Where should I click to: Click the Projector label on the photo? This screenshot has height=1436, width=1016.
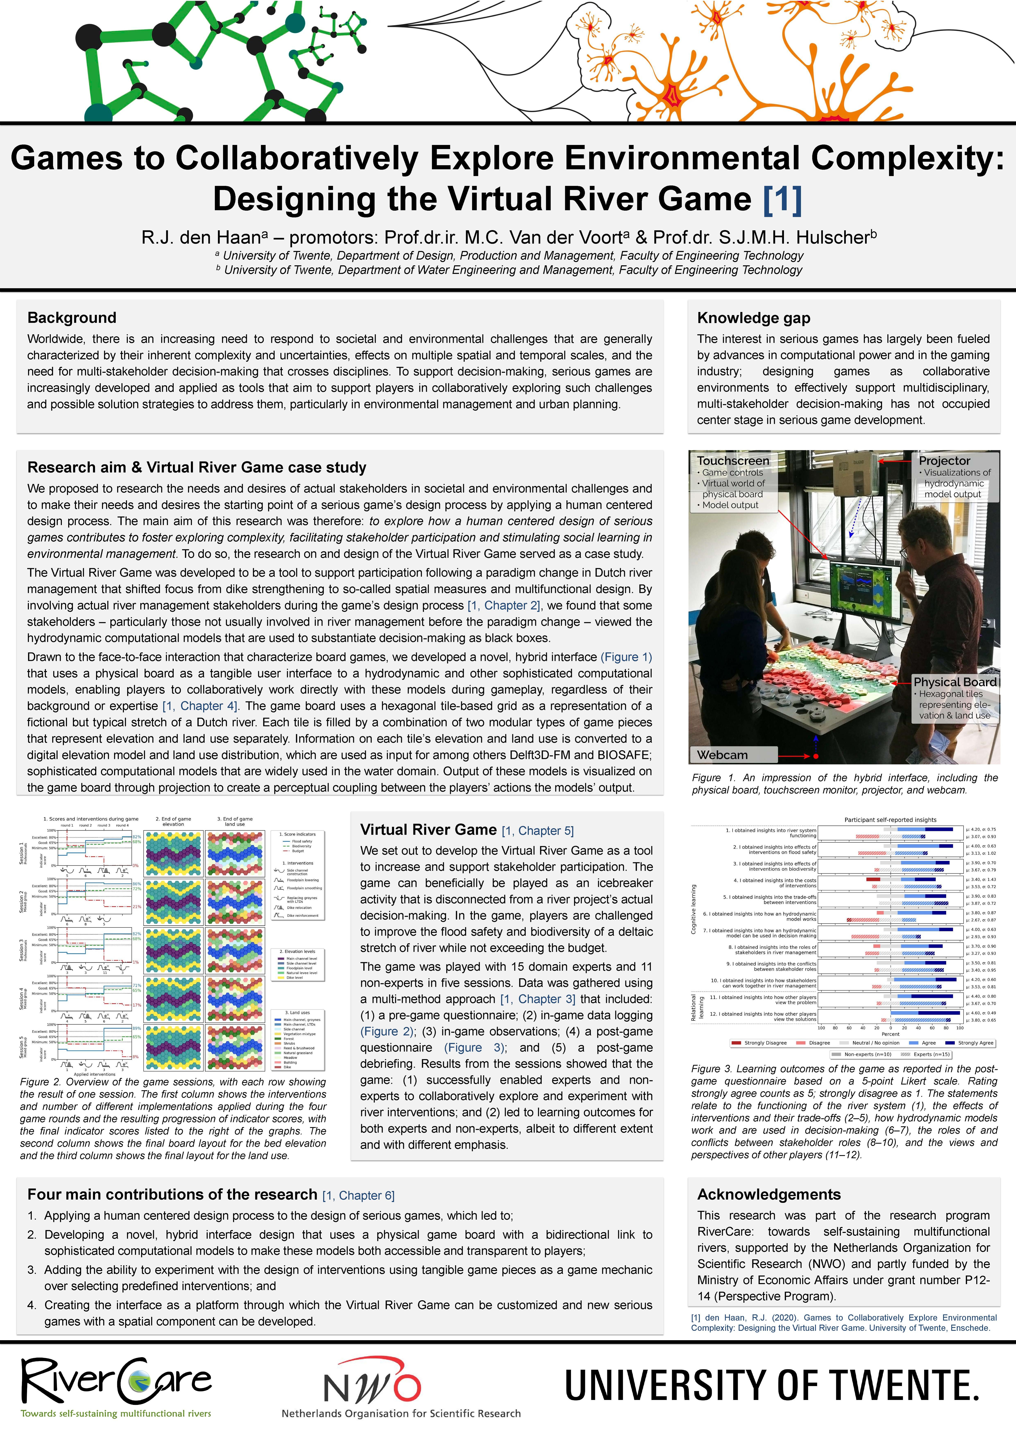944,460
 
